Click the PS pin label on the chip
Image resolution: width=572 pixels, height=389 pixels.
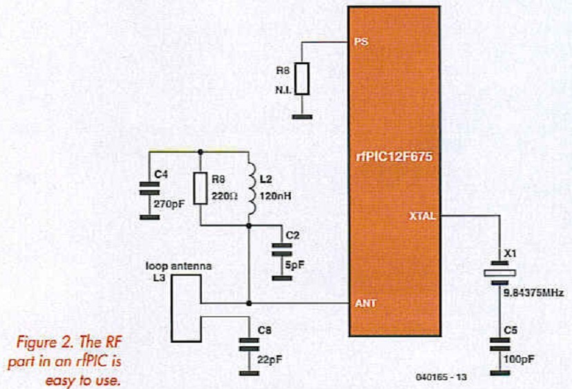click(361, 41)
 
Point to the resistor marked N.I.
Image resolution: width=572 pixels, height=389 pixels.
click(302, 79)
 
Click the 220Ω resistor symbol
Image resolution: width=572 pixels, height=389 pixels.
click(200, 187)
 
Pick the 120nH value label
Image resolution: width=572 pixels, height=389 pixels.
click(275, 196)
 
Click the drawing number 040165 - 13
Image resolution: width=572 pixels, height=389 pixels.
click(443, 377)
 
